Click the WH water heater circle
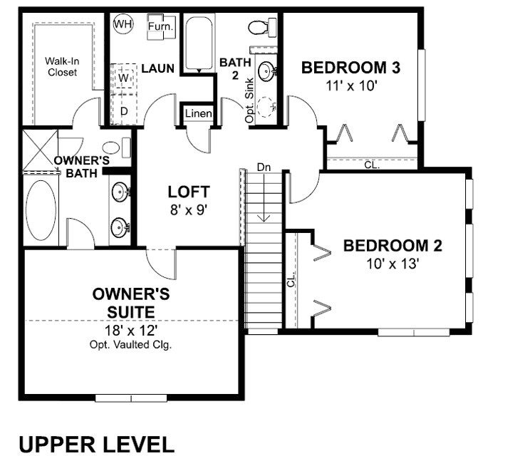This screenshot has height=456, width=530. click(x=123, y=24)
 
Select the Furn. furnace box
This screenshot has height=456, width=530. click(x=161, y=26)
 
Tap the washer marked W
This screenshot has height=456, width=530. click(x=124, y=78)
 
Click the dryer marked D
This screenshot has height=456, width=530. click(x=124, y=110)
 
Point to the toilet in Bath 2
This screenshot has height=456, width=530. click(x=262, y=27)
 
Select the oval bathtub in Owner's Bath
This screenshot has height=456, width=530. click(x=41, y=210)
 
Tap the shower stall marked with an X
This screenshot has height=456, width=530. click(x=40, y=149)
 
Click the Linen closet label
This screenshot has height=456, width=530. click(x=199, y=113)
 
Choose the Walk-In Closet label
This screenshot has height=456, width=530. click(x=62, y=66)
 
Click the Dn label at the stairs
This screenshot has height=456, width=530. click(x=264, y=167)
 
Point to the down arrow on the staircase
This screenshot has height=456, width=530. click(x=264, y=197)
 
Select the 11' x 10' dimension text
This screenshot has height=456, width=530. click(x=351, y=86)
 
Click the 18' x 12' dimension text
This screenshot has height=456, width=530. click(x=131, y=331)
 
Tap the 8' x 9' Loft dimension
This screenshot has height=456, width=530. click(x=188, y=210)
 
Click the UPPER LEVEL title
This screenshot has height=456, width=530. click(x=97, y=445)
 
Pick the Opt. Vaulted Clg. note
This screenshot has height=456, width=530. click(x=131, y=345)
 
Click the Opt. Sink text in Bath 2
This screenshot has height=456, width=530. click(x=249, y=100)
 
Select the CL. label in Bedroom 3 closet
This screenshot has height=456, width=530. click(x=372, y=165)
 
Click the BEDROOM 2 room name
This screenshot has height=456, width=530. click(x=393, y=246)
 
